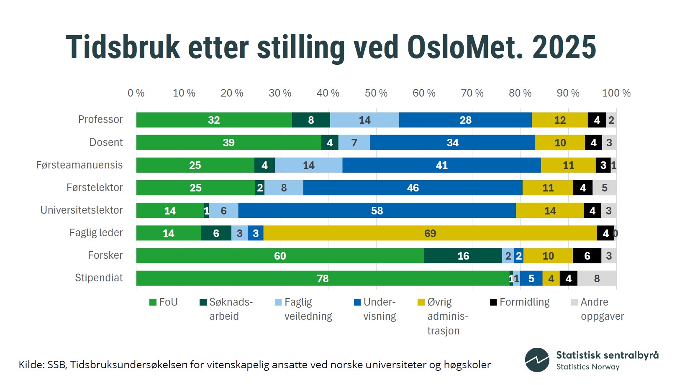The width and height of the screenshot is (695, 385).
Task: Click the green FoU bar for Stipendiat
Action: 322,278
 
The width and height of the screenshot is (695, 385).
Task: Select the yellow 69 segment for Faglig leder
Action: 430,233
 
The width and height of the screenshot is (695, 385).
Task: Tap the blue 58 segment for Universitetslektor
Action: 377,211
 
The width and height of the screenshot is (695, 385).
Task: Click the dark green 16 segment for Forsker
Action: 463,256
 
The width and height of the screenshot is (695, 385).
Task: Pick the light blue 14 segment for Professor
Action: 364,120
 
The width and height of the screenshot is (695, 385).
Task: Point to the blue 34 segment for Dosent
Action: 452,143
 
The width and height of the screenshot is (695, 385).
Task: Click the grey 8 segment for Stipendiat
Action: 597,278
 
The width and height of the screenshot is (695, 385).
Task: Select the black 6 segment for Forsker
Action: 587,256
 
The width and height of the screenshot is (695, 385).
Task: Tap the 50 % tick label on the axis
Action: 376,93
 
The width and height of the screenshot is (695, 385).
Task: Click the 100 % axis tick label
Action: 616,93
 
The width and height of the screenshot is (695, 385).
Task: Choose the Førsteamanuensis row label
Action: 80,165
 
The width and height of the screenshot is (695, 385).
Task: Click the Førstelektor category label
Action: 95,188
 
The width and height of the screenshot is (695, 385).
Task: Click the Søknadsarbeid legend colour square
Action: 203,302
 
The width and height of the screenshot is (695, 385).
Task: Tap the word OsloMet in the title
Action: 465,47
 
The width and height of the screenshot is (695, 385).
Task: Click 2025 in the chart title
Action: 564,47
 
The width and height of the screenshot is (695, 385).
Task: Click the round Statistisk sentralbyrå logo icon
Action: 537,360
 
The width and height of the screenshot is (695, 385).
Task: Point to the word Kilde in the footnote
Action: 31,365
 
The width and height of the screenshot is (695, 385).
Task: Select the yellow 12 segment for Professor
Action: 559,120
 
